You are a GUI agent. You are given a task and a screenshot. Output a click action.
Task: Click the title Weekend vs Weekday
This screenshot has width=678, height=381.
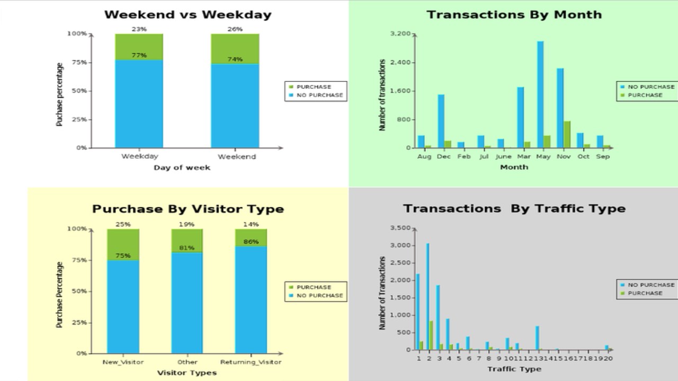click(188, 15)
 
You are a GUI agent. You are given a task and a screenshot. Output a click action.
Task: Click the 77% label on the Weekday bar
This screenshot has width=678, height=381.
click(139, 56)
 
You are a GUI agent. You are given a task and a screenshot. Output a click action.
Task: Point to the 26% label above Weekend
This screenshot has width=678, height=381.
click(235, 29)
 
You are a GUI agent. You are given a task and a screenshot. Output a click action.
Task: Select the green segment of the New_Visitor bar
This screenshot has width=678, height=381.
click(123, 244)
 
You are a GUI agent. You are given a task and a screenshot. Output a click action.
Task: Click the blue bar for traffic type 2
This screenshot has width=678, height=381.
click(427, 296)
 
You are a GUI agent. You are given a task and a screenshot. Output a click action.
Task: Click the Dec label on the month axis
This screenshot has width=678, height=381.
click(444, 157)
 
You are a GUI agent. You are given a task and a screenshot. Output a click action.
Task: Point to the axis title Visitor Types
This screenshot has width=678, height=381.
click(187, 373)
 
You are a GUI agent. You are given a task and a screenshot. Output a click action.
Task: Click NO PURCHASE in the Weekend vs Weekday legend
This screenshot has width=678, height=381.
click(319, 95)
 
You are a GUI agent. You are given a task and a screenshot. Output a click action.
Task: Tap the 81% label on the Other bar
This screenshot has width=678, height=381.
click(186, 248)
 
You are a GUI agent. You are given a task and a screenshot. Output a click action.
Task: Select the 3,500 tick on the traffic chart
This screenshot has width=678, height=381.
click(400, 228)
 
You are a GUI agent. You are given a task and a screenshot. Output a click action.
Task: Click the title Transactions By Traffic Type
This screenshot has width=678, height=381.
click(514, 208)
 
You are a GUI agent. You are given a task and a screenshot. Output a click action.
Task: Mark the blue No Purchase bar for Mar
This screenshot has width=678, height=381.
click(521, 117)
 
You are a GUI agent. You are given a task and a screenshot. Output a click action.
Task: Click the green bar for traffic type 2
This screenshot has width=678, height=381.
click(431, 335)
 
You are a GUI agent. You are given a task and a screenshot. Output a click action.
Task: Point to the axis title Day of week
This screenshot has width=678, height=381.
click(182, 168)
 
